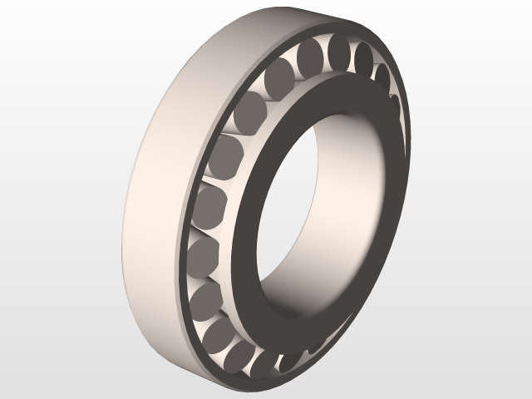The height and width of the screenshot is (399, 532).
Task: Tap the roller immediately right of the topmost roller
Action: coord(363,57)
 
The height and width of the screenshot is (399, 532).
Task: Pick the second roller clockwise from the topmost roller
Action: coord(383,75)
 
